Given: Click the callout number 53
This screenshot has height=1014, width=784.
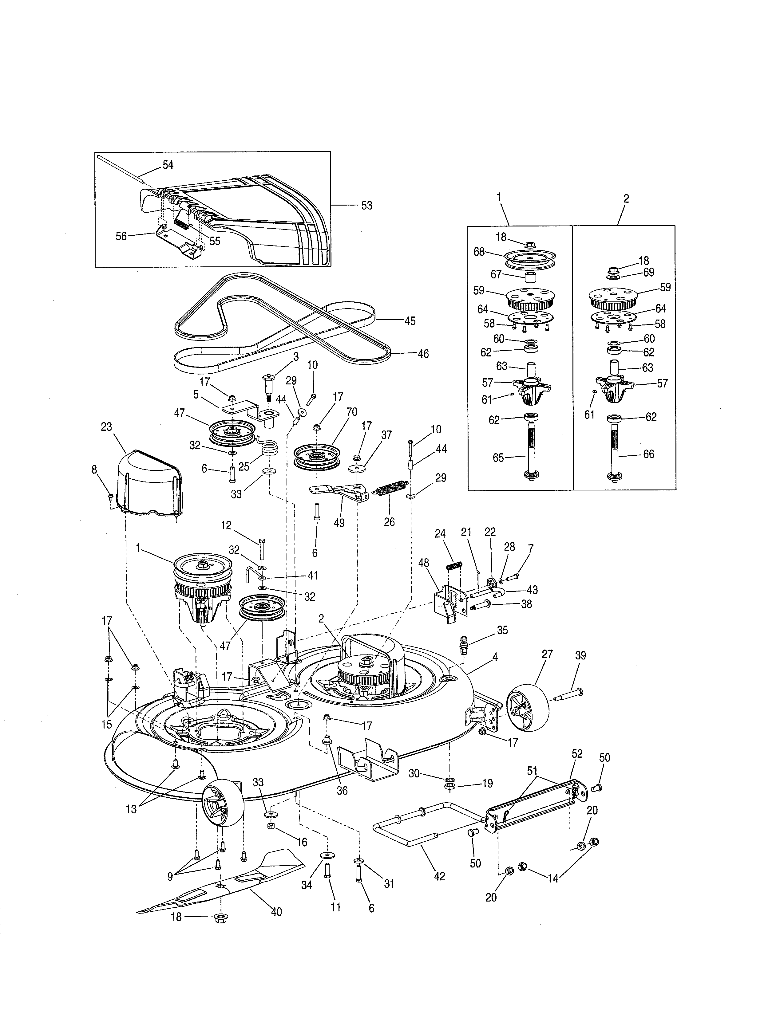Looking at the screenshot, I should [x=366, y=206].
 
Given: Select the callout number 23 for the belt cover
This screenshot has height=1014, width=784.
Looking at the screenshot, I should [x=106, y=427].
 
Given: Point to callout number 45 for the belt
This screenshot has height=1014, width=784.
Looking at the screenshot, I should [x=410, y=321].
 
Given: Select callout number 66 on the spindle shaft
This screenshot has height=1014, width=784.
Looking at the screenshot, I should [x=648, y=454].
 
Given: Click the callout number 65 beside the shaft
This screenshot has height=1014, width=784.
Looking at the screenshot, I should [x=498, y=458].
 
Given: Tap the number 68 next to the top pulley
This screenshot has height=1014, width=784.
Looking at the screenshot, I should [x=479, y=252].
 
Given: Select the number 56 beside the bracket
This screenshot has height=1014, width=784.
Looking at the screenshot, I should [x=121, y=236].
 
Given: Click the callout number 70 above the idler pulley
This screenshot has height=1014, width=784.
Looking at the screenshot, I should [x=352, y=412].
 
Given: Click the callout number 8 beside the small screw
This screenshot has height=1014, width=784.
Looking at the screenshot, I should [x=94, y=470].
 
